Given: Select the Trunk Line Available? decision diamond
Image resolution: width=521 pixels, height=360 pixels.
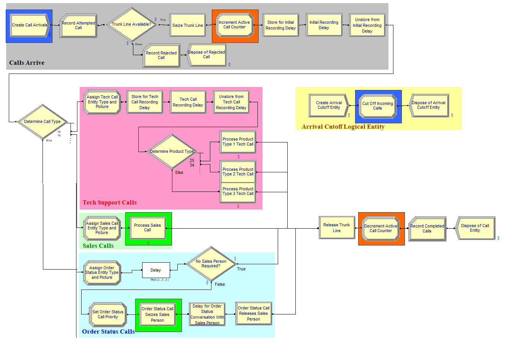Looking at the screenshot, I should point(131,25).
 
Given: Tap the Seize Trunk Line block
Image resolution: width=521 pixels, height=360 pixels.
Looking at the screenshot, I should point(188,26).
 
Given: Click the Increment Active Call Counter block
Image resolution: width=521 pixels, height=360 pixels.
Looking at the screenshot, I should point(234,25).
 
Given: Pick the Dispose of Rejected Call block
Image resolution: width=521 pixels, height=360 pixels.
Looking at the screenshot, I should point(206,55).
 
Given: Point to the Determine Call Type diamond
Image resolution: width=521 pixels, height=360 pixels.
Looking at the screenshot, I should point(43,122).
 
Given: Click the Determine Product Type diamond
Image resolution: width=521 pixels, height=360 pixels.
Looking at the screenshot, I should point(172,152).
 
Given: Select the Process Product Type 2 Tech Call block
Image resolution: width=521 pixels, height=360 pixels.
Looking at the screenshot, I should point(238,172).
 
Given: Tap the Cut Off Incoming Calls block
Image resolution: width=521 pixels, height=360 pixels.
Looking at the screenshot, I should point(378,106).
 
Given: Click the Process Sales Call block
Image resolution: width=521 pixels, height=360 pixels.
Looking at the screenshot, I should point(147,228).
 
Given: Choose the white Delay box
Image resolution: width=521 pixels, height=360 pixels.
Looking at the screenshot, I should point(156,270).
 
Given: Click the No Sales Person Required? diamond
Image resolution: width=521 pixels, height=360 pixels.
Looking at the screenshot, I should point(211,264).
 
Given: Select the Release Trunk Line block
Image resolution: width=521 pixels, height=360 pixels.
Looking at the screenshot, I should point(337,228).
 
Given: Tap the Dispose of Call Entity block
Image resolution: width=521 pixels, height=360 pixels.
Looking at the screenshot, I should point(475,228).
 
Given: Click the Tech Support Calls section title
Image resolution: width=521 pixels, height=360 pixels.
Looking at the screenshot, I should point(110,203).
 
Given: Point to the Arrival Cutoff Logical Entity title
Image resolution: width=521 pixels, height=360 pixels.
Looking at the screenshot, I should point(343,127).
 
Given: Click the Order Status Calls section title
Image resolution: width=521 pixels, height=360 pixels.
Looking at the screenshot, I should point(108,332).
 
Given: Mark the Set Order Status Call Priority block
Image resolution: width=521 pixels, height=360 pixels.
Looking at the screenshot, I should point(108,314).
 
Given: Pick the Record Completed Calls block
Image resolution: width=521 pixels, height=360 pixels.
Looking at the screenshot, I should point(427,229).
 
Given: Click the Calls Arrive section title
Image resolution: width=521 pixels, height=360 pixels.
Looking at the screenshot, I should point(27,63).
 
